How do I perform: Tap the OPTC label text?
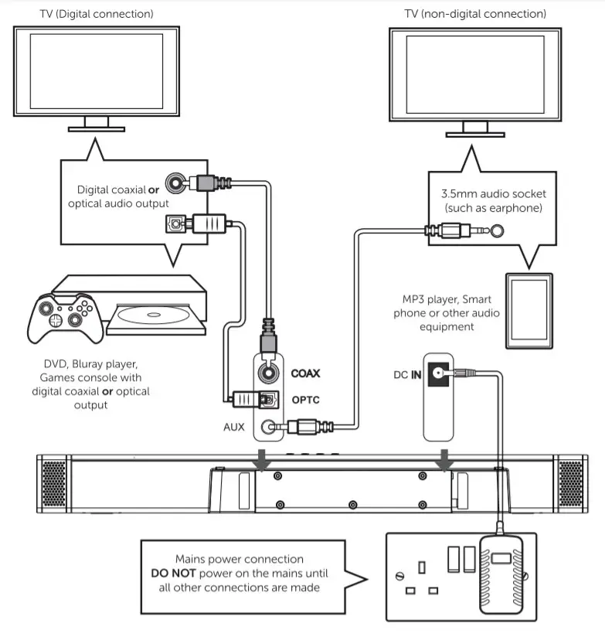pos(305,400)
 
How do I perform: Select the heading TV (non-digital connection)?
pos(474,14)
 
